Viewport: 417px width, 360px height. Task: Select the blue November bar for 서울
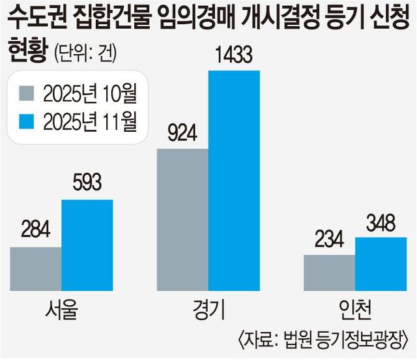click(x=87, y=245)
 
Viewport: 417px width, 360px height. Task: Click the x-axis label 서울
click(x=61, y=310)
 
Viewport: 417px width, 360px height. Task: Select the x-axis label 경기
click(x=208, y=310)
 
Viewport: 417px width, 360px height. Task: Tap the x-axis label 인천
click(x=355, y=310)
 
